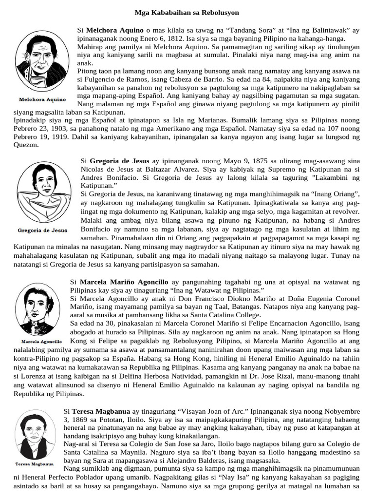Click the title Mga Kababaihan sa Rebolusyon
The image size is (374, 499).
point(187,11)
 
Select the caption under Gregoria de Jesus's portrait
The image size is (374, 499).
point(42,230)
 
